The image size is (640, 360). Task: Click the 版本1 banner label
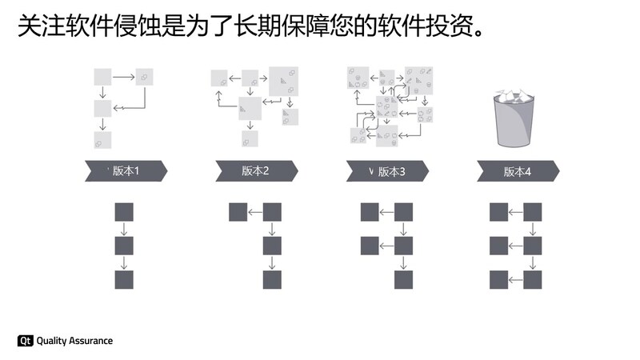(x=126, y=170)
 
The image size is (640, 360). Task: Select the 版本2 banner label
(x=255, y=170)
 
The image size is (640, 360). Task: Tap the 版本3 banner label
(x=391, y=170)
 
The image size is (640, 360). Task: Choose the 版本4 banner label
(x=517, y=170)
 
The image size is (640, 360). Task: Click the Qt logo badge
(x=25, y=341)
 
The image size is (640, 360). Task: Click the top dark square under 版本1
(x=124, y=212)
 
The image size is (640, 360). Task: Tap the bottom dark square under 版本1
(x=124, y=280)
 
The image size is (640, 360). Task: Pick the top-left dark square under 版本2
(x=238, y=212)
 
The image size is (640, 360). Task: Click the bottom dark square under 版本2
(x=273, y=280)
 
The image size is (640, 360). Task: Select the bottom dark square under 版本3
(x=403, y=280)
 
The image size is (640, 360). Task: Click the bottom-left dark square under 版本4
(x=498, y=280)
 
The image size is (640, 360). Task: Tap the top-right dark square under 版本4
(x=533, y=212)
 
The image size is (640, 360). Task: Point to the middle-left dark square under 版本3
(x=369, y=246)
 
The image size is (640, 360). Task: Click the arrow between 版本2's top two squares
(x=255, y=212)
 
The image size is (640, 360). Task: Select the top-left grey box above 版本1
(x=102, y=77)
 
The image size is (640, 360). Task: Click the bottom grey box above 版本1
(x=102, y=141)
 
